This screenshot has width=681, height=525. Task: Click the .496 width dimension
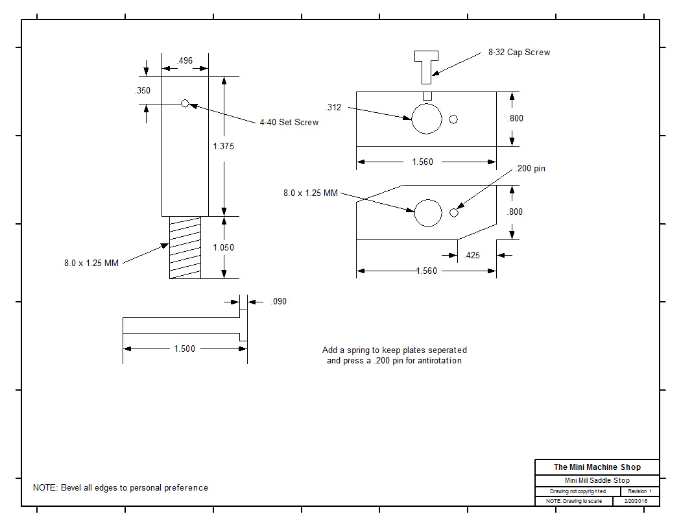coord(185,61)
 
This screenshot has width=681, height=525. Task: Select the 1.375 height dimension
coord(223,147)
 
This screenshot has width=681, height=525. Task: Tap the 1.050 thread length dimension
coord(223,247)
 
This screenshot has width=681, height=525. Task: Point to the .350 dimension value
coord(143,91)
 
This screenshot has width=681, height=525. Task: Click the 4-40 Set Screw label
coord(289,123)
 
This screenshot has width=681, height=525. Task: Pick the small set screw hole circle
coord(185,103)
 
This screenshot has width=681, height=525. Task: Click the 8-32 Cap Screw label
coord(519,53)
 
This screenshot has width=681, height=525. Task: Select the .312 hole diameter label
coord(333,108)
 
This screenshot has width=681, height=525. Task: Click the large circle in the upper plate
coord(427,119)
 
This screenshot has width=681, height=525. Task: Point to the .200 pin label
coord(531,169)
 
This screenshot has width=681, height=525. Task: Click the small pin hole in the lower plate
coord(454,212)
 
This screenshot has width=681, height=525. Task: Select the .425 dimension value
coord(473,256)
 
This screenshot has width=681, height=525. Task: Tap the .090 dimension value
coord(279,302)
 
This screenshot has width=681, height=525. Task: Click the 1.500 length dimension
coord(184,349)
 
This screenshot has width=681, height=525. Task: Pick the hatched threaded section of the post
coord(185,247)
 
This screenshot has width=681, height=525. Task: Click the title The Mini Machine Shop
coord(597,467)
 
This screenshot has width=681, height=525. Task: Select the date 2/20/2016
coord(636,502)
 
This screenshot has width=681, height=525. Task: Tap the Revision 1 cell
coord(639,492)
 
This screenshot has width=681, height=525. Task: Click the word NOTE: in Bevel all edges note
coord(45,488)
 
